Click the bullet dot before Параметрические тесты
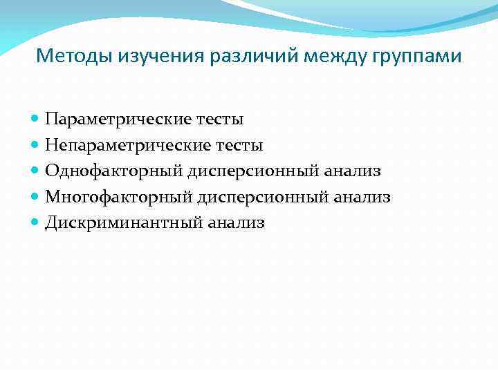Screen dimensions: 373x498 tap(35, 119)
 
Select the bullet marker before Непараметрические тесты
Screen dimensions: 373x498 tap(35, 145)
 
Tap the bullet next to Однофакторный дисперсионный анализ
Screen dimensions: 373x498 tap(35, 171)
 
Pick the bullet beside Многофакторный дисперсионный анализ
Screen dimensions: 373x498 tap(35, 198)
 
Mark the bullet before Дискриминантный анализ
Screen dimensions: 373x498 tap(35, 223)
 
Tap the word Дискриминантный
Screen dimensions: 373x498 tap(124, 223)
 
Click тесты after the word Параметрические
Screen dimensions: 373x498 tap(221, 119)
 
